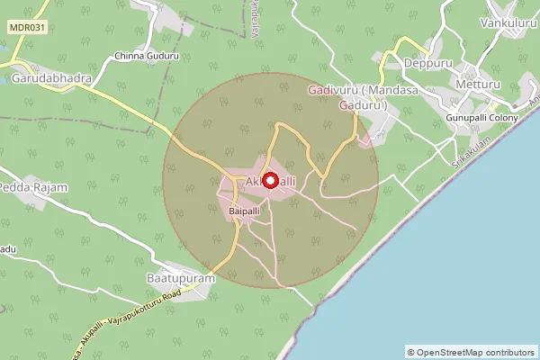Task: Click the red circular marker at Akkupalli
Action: (269, 180)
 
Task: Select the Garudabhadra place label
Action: (51, 78)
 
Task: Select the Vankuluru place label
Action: (508, 22)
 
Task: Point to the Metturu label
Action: (478, 85)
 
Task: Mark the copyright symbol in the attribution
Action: (411, 352)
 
